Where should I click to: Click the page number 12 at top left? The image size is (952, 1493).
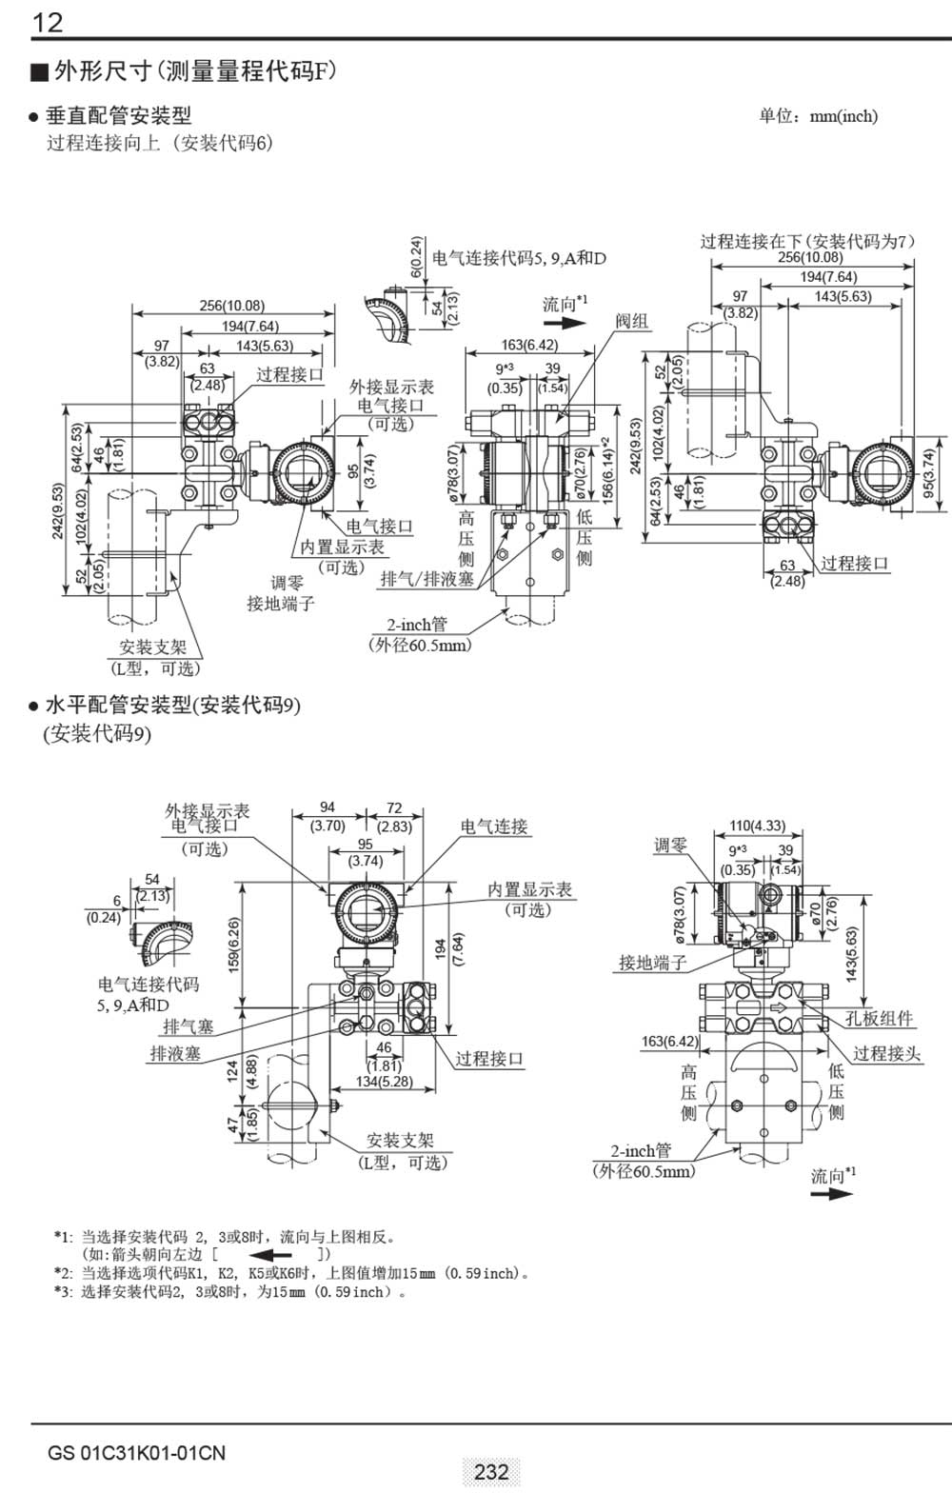pyautogui.click(x=48, y=21)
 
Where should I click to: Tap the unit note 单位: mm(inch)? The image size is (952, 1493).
pyautogui.click(x=818, y=116)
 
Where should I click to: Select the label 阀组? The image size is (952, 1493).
pyautogui.click(x=631, y=321)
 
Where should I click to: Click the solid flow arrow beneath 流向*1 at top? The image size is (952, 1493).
pyautogui.click(x=564, y=323)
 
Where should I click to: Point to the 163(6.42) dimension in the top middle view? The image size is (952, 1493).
pyautogui.click(x=529, y=346)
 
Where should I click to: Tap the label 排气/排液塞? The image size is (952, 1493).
pyautogui.click(x=426, y=579)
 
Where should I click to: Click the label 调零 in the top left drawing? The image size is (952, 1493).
pyautogui.click(x=287, y=583)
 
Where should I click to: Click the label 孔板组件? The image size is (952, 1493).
pyautogui.click(x=879, y=1019)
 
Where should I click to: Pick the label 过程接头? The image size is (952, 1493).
pyautogui.click(x=886, y=1053)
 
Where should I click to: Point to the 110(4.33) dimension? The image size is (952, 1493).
pyautogui.click(x=757, y=826)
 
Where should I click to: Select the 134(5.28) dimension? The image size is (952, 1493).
pyautogui.click(x=384, y=1082)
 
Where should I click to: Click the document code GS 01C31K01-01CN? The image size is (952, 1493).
pyautogui.click(x=137, y=1453)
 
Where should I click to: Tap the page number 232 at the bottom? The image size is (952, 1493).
pyautogui.click(x=490, y=1471)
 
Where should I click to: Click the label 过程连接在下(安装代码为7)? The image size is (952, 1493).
pyautogui.click(x=807, y=241)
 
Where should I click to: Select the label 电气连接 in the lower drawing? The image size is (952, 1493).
pyautogui.click(x=494, y=826)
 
